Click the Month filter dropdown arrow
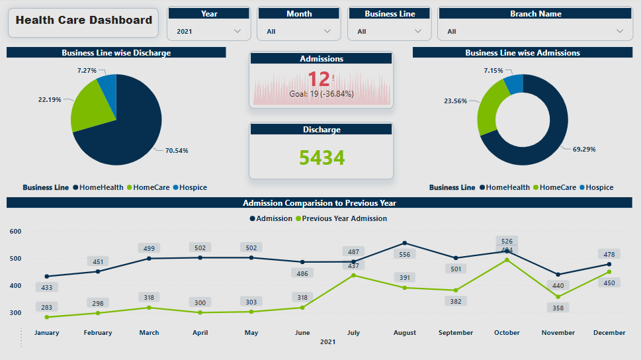327,31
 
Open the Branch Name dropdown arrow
620,31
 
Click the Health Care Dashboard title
84,21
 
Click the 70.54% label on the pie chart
177,151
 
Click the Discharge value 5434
321,157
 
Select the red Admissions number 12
318,79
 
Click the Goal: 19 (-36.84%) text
321,94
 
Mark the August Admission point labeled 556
405,243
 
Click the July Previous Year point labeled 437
354,275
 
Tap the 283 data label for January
47,307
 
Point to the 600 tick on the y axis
16,232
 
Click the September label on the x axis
456,333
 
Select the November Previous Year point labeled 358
558,296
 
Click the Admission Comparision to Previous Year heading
320,203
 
